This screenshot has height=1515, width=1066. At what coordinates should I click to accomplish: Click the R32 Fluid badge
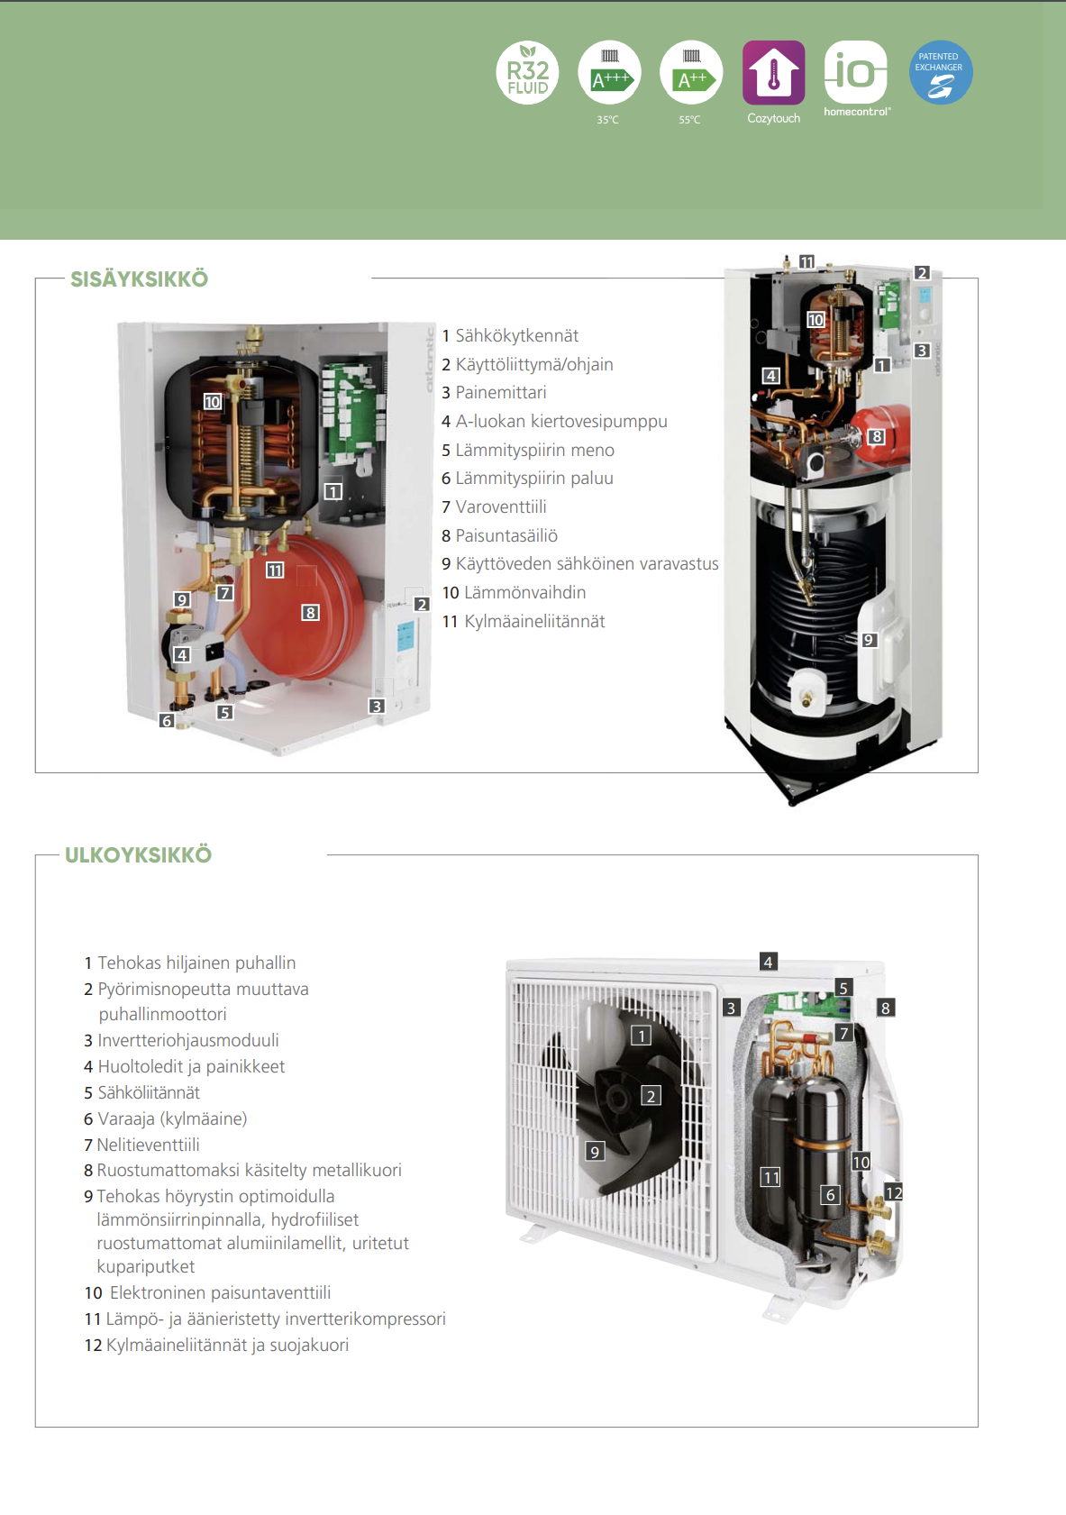tap(527, 72)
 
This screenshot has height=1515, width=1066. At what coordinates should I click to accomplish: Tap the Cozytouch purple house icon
tap(773, 72)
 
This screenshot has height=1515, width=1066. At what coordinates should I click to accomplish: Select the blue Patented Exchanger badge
tap(940, 72)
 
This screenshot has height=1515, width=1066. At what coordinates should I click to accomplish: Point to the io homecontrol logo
tap(855, 72)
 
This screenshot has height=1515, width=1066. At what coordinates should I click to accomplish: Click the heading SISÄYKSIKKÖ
tap(140, 279)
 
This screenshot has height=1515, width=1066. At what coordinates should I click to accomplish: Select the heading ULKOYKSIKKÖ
tap(139, 855)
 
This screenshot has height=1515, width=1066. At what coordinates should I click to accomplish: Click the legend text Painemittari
tap(500, 393)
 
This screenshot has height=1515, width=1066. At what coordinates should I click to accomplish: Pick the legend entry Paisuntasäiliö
tap(506, 535)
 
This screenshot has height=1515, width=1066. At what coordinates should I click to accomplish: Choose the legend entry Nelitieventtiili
tap(148, 1145)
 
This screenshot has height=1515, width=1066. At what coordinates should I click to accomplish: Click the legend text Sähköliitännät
tap(149, 1092)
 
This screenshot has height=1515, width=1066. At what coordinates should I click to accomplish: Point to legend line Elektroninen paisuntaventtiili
tap(220, 1292)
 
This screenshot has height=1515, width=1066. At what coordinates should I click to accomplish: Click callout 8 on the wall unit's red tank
tap(310, 613)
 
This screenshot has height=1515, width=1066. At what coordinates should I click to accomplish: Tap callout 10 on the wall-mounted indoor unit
tap(212, 402)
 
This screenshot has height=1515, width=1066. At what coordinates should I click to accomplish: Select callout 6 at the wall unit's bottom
tap(167, 721)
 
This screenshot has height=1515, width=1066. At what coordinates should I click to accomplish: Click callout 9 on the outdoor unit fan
tap(594, 1152)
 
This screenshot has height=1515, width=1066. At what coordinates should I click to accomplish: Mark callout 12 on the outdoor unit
tap(893, 1192)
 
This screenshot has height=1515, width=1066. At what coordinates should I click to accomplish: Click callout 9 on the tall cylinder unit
tap(869, 640)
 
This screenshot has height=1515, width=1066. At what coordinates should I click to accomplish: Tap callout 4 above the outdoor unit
tap(768, 962)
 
